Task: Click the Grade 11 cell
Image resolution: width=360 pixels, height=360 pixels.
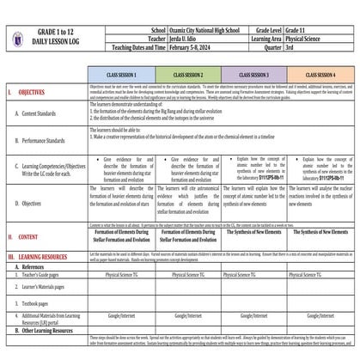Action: click(321, 6)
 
